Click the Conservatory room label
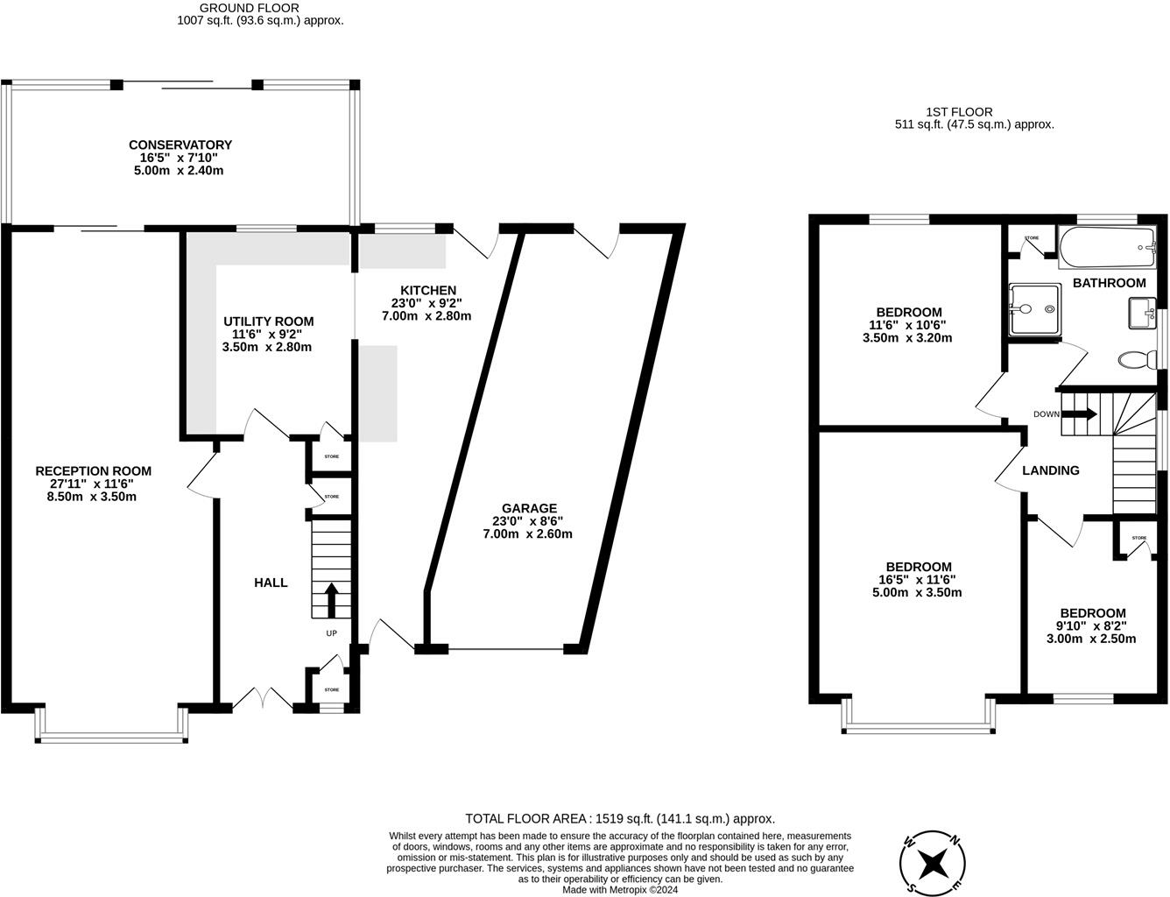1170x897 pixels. (180, 145)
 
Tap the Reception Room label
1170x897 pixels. (93, 471)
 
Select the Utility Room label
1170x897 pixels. (269, 321)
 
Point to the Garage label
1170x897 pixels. (529, 508)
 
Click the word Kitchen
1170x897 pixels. (428, 290)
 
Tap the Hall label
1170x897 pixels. (271, 583)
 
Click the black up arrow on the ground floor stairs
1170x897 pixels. (331, 600)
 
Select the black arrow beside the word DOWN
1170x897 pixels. (1079, 414)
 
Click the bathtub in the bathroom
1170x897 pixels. (1107, 247)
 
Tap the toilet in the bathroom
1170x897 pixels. (1137, 359)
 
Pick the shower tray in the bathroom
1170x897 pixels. (1035, 309)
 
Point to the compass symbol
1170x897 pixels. (932, 865)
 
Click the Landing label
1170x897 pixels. (1051, 470)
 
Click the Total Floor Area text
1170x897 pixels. (620, 819)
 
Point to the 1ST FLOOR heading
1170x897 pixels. (959, 112)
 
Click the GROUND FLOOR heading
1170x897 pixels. (250, 8)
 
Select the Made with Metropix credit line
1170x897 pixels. (620, 890)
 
